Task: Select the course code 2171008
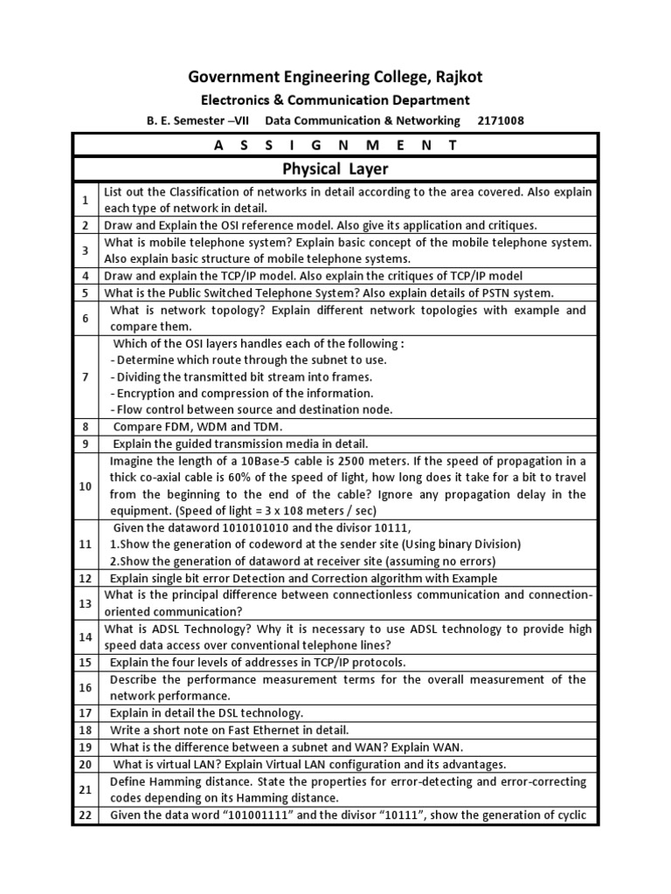click(x=500, y=120)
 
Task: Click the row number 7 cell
click(x=86, y=376)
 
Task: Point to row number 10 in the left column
click(x=86, y=485)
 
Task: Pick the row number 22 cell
click(x=86, y=815)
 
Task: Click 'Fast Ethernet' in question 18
click(x=249, y=730)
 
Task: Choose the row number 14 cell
click(x=86, y=636)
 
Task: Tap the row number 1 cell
click(x=86, y=200)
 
